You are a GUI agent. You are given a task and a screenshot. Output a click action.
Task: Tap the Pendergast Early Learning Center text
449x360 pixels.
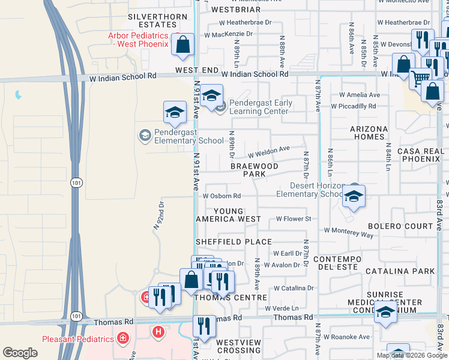point(261,107)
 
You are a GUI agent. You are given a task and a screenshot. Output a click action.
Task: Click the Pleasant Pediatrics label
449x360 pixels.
point(78,339)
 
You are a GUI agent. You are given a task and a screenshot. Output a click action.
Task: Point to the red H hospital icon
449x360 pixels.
point(158,331)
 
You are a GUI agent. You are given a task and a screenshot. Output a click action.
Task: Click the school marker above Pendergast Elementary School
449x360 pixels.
point(175,112)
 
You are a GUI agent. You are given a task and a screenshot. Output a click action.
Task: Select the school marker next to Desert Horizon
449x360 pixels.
point(354,196)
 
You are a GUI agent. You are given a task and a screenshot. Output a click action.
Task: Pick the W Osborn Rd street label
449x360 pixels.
point(221,196)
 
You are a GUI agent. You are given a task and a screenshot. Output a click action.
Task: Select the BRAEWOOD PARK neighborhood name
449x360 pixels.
point(255,170)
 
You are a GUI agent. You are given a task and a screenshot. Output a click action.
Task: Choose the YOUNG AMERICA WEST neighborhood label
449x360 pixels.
point(229,215)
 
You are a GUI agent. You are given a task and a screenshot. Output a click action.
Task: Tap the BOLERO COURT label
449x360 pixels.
point(400,226)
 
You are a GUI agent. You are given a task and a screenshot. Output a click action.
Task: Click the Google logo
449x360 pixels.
point(20,352)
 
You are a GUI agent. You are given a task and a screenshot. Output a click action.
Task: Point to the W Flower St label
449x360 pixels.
point(293,219)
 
